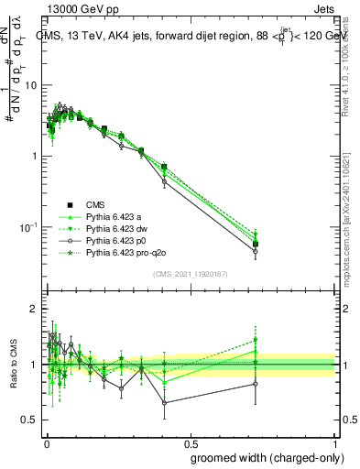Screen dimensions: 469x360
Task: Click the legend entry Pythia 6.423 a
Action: pyautogui.click(x=117, y=216)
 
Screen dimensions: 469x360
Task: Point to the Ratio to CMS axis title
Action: pyautogui.click(x=16, y=364)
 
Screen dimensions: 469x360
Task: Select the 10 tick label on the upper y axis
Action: pyautogui.click(x=31, y=85)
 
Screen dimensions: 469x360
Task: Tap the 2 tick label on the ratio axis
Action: pyautogui.click(x=34, y=310)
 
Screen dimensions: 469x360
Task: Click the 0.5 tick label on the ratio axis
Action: pyautogui.click(x=29, y=420)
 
